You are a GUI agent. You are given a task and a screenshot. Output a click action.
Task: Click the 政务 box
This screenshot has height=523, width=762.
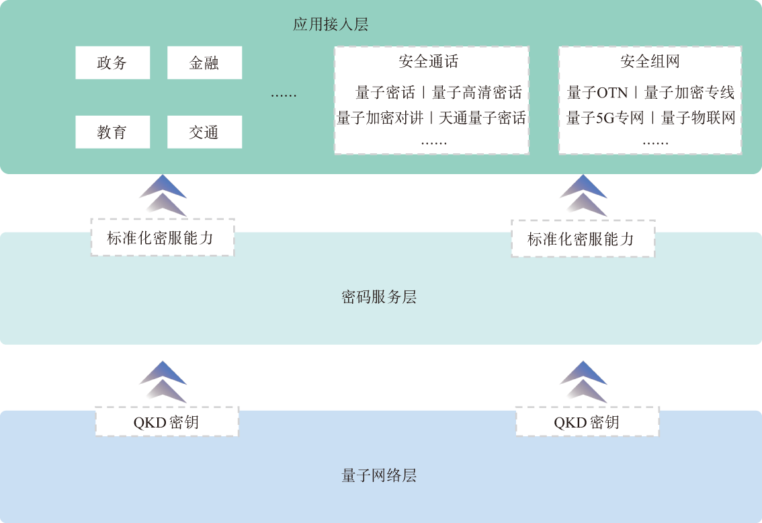click(112, 63)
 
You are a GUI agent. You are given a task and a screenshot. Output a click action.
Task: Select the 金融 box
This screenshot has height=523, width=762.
click(204, 63)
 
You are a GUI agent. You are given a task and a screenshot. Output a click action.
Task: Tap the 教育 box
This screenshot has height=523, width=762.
click(112, 132)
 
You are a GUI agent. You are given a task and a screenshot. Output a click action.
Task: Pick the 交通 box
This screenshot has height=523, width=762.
click(204, 132)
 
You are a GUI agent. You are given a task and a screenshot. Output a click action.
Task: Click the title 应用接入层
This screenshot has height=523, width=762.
click(331, 25)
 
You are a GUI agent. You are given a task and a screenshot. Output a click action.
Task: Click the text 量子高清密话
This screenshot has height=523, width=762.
click(476, 92)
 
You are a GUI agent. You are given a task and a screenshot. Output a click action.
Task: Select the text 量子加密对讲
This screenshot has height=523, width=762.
click(380, 118)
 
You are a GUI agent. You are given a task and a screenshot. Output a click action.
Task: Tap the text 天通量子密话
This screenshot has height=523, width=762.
click(482, 118)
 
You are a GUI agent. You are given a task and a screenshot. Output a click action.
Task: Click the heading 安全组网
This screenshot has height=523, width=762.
click(650, 62)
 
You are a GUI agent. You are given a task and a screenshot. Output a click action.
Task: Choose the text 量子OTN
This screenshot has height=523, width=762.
click(597, 92)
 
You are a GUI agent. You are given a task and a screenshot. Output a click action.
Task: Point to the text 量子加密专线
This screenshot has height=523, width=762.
click(689, 92)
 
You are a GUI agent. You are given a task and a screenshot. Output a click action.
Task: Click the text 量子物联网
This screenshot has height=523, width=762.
click(698, 118)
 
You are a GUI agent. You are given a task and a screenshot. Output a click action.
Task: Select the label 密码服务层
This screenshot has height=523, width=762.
click(379, 297)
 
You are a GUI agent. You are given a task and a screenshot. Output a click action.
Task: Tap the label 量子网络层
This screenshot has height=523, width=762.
click(379, 476)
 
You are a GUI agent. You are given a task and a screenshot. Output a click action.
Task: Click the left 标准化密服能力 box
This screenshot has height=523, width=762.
click(162, 237)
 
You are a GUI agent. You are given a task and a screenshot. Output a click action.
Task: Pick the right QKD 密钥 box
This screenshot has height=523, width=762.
click(587, 422)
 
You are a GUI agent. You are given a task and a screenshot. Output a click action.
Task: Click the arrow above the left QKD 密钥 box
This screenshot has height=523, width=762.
click(163, 382)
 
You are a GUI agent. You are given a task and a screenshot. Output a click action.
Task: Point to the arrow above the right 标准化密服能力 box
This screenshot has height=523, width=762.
click(583, 196)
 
